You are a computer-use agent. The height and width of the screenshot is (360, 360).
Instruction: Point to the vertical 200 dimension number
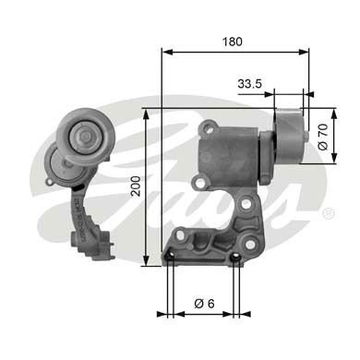coord(136,190)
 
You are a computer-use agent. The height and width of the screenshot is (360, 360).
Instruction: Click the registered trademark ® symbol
coord(328,213)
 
